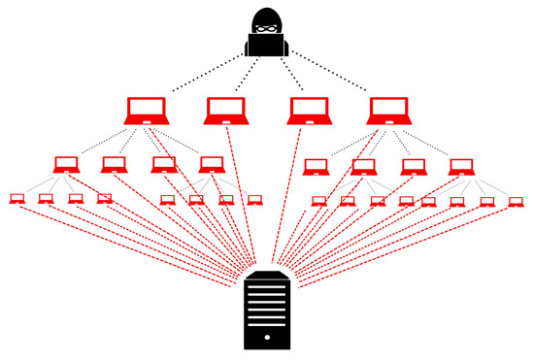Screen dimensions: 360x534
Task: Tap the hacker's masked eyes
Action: (266, 28)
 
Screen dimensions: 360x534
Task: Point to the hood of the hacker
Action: (266, 14)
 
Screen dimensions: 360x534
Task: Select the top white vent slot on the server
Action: (266, 297)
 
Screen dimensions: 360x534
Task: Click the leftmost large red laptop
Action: (147, 110)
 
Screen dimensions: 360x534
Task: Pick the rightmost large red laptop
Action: (387, 110)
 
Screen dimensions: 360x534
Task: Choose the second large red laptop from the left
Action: (226, 110)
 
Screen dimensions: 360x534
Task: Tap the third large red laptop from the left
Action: (308, 110)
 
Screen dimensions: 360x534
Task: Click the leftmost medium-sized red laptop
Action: (66, 164)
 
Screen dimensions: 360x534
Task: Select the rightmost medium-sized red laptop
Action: (460, 166)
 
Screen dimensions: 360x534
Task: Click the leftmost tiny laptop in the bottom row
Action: (17, 199)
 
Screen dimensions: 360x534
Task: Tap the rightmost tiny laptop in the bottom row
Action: (515, 201)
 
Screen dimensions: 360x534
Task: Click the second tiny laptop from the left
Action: (46, 199)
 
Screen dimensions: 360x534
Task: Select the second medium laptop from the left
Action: (114, 164)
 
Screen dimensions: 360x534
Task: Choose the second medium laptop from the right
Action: (413, 166)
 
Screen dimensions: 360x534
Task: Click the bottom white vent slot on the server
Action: (266, 335)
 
